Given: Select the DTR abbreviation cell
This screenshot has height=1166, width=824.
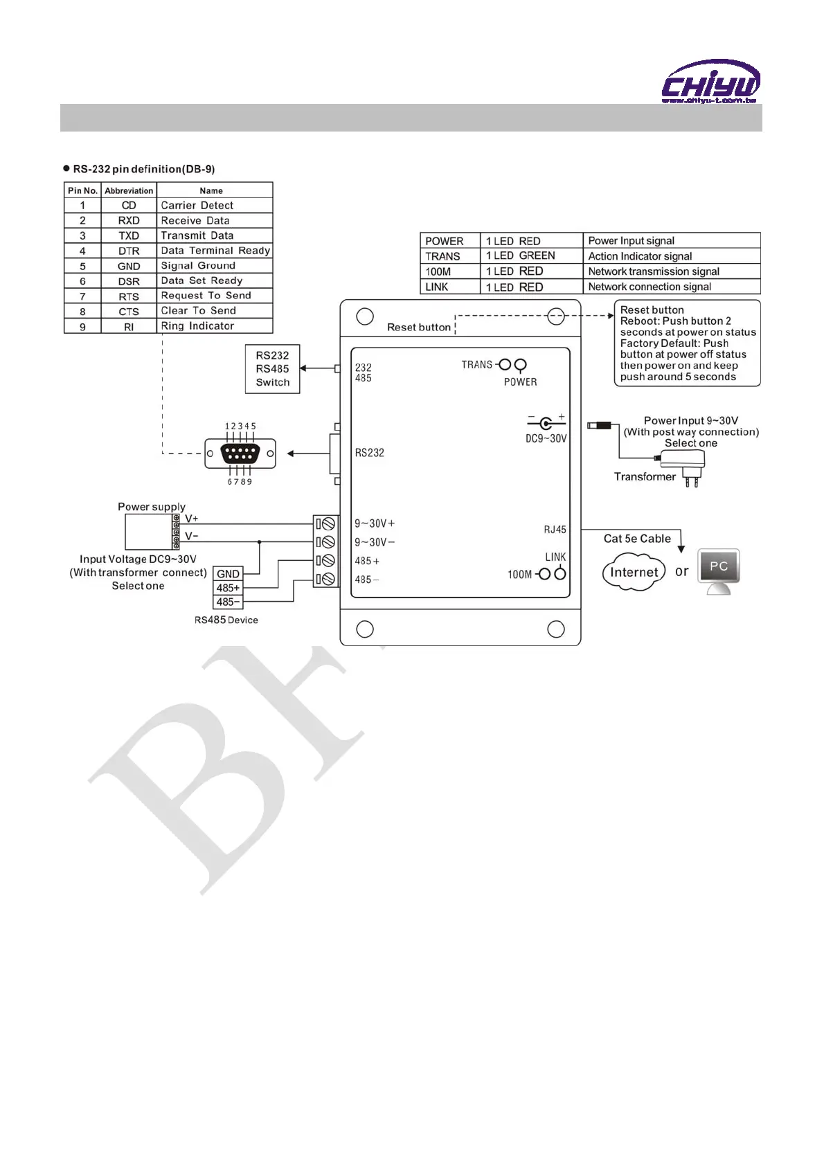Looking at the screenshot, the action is (129, 251).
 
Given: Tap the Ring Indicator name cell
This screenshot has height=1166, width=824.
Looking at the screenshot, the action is (214, 326).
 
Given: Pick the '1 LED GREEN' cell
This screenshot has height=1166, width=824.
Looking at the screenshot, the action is (531, 256).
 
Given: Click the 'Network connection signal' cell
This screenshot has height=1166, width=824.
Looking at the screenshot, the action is (671, 287).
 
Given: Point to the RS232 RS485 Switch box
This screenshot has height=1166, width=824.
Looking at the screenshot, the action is (273, 369).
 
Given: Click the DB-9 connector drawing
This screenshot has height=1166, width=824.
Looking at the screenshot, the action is (240, 454).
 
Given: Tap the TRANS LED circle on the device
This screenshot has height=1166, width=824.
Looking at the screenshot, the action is (505, 365).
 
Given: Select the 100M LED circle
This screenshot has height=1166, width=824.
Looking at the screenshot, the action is (544, 574).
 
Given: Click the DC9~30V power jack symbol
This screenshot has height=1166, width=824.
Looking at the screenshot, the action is (546, 423).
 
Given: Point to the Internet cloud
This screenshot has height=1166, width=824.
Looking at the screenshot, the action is (634, 572).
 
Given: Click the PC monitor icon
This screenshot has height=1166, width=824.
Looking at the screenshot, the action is (719, 569).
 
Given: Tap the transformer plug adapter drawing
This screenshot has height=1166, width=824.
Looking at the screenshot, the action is (682, 464).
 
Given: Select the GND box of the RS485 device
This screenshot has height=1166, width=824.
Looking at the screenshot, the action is (229, 573).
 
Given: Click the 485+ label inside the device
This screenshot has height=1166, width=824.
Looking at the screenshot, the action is (367, 561).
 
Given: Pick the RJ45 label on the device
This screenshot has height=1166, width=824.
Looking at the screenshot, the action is (555, 530).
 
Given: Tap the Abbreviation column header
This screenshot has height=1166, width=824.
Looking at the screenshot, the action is (129, 190).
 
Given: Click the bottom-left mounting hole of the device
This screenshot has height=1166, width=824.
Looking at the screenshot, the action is (365, 629).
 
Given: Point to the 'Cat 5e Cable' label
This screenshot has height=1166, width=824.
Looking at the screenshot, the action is (637, 539).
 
